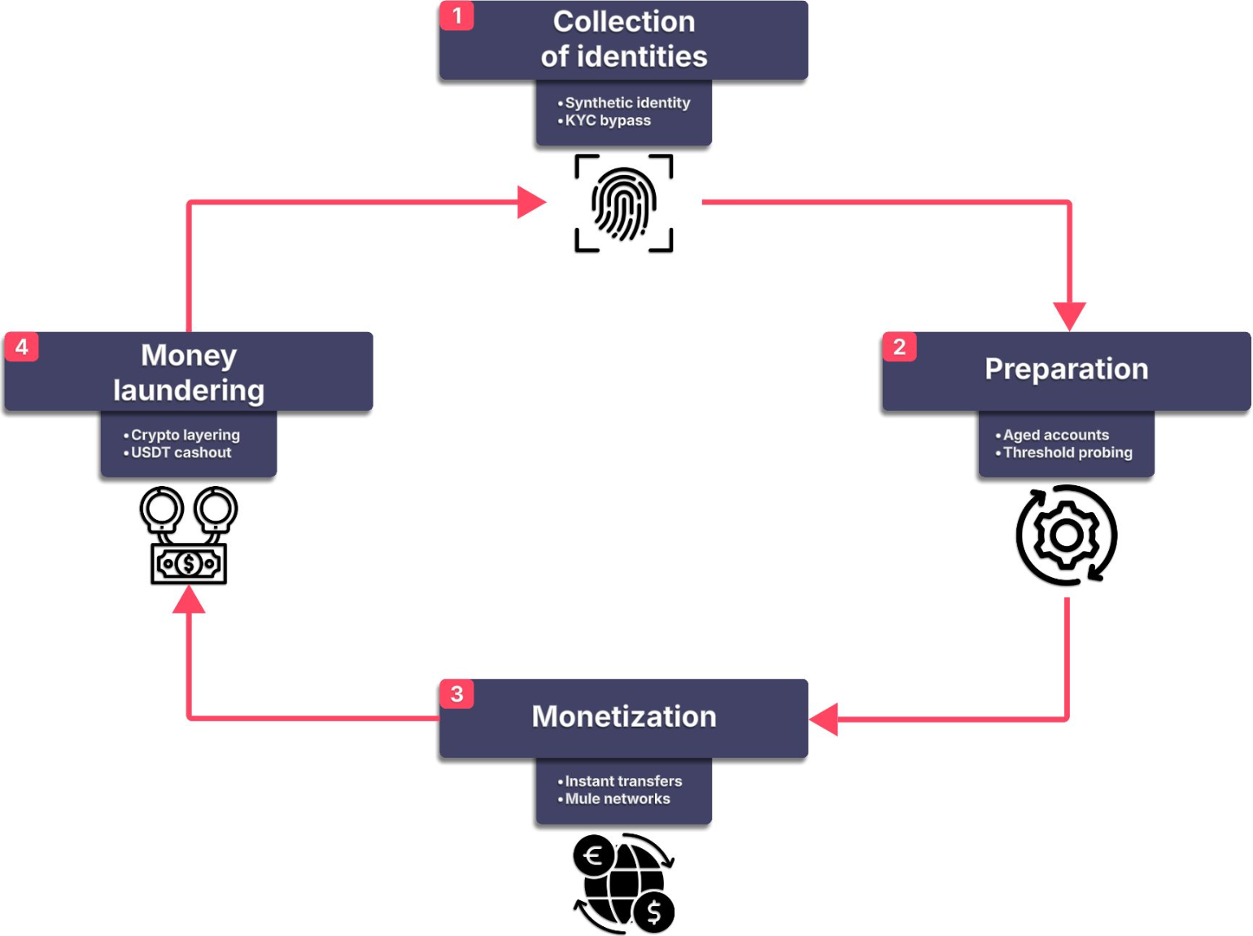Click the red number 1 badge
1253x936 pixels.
(456, 15)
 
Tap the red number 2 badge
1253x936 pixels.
(899, 347)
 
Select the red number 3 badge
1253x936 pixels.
(456, 694)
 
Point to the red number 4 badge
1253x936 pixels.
(22, 347)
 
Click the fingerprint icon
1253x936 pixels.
(624, 203)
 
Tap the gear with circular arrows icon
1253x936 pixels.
(1067, 536)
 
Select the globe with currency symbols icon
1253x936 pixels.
(624, 883)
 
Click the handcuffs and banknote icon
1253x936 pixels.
(189, 536)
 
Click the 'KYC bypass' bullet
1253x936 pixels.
(607, 120)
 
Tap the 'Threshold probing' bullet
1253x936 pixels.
(1067, 453)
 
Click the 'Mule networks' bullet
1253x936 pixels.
(617, 798)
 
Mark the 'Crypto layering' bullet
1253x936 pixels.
(185, 435)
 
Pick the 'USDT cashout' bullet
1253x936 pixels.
(181, 453)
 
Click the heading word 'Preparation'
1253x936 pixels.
(1066, 369)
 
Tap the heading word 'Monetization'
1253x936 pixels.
(624, 716)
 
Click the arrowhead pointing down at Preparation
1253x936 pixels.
(1069, 315)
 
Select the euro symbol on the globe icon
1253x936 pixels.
(594, 855)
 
